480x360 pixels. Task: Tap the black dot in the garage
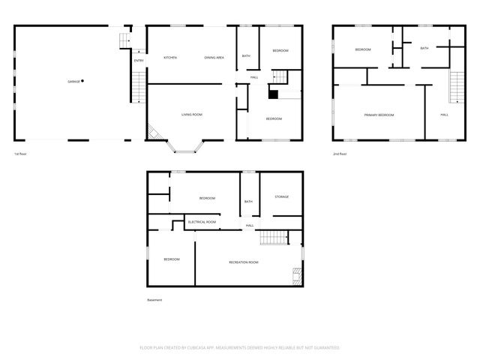pos(82,80)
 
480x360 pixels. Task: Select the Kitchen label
pos(169,58)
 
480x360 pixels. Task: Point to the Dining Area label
pos(214,58)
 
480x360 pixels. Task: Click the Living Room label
pos(192,115)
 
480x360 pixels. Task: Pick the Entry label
pos(139,61)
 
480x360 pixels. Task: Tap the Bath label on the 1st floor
pos(246,56)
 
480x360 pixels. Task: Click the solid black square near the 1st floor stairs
pos(274,94)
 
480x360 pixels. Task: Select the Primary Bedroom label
pos(379,115)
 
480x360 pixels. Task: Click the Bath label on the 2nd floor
pos(424,49)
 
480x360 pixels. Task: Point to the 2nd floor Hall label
pos(444,115)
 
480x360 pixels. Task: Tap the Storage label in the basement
pos(281,196)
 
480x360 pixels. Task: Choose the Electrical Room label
pos(202,222)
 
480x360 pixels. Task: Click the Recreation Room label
pos(243,262)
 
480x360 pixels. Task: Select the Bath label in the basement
pos(248,201)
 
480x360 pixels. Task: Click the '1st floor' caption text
pos(20,154)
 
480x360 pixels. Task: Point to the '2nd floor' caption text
pos(340,154)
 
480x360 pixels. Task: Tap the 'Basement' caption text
pos(154,300)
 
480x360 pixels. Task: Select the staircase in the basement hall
pos(274,238)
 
